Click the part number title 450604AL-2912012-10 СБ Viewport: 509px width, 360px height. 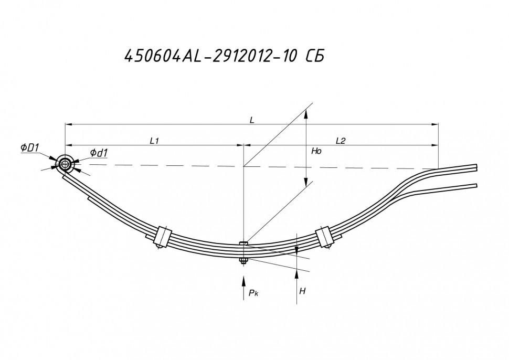pyautogui.click(x=222, y=56)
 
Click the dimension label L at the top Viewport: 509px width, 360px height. pyautogui.click(x=252, y=120)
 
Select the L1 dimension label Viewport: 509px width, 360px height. pyautogui.click(x=154, y=140)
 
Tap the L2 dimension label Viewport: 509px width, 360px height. pyautogui.click(x=340, y=140)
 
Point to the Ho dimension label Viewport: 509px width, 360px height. pyautogui.click(x=316, y=151)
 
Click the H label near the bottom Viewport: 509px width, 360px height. pyautogui.click(x=302, y=290)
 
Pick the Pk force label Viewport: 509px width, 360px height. pyautogui.click(x=253, y=293)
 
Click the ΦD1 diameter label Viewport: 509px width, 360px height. pyautogui.click(x=30, y=149)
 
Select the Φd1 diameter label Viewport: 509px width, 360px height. pyautogui.click(x=99, y=153)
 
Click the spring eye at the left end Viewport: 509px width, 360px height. pyautogui.click(x=65, y=164)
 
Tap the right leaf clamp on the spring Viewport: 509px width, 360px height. pyautogui.click(x=324, y=237)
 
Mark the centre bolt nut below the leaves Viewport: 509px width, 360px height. pyautogui.click(x=243, y=261)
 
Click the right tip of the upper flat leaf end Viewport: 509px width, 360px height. pyautogui.click(x=476, y=167)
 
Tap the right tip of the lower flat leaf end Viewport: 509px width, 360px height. pyautogui.click(x=476, y=185)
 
